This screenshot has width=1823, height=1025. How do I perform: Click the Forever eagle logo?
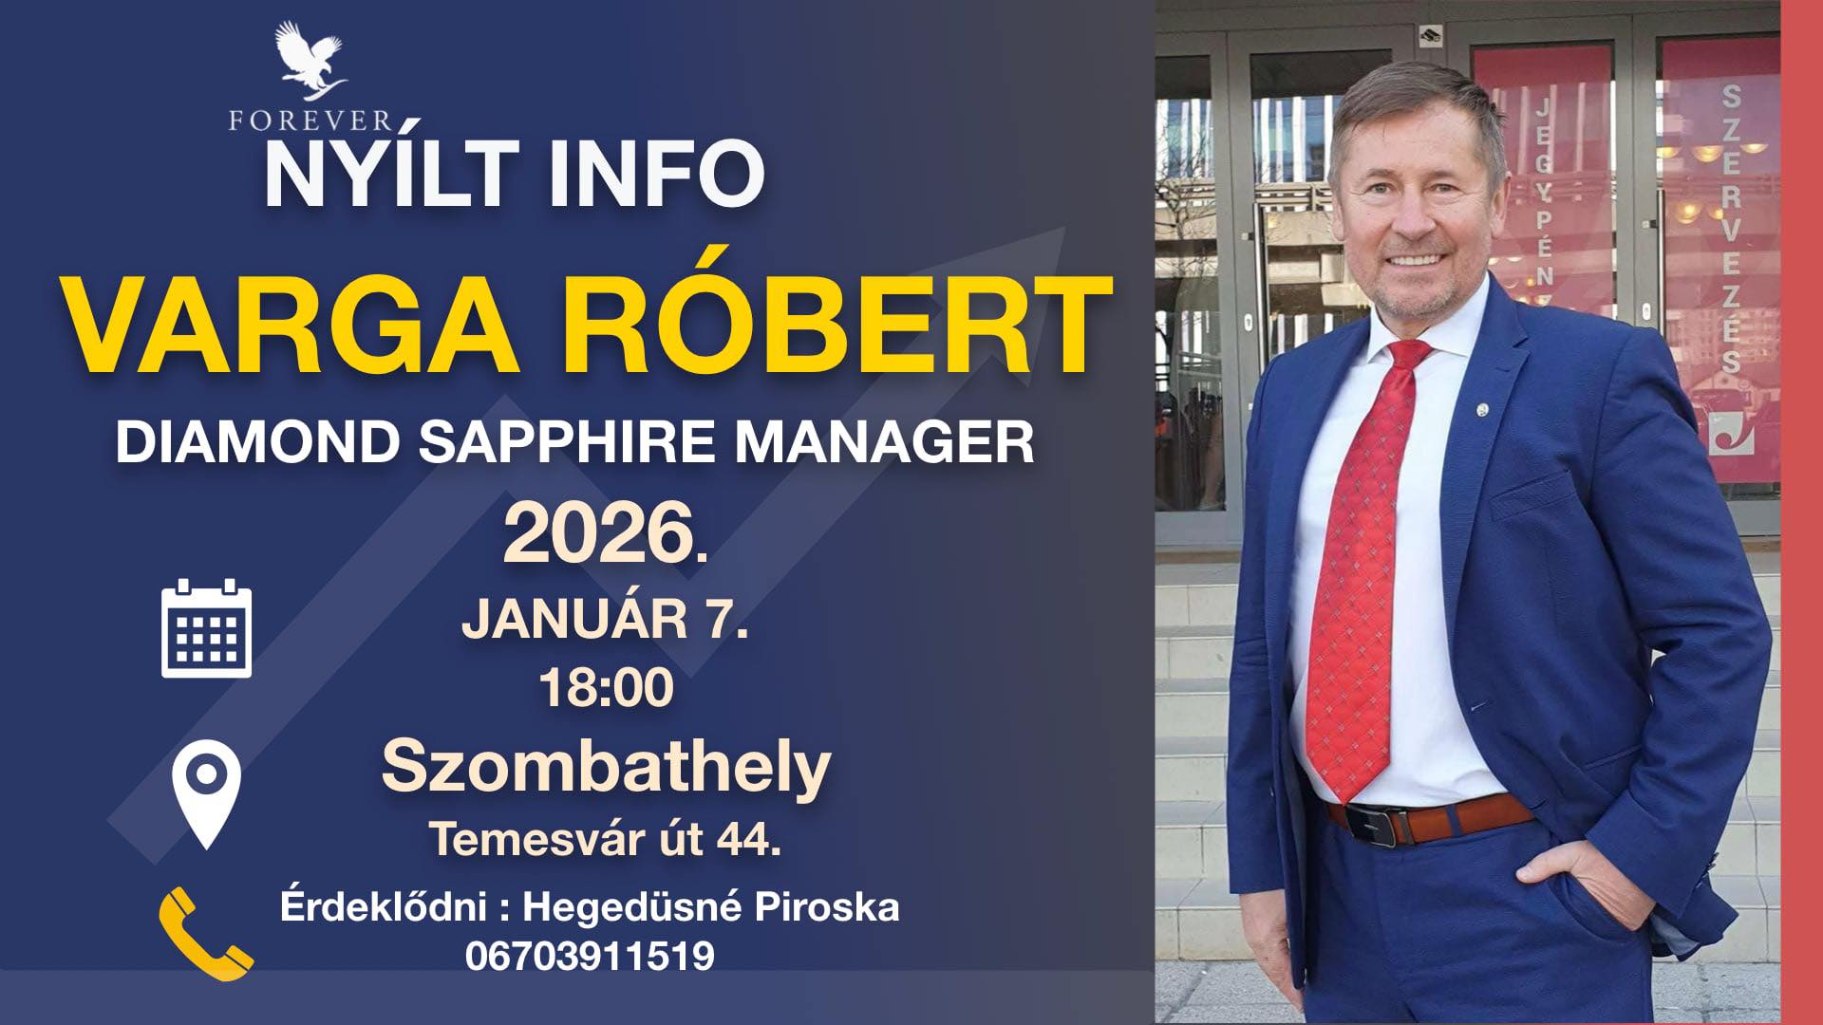[x=309, y=61]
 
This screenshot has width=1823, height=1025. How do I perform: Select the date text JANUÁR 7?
[x=605, y=621]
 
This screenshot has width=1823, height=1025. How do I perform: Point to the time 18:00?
[x=606, y=688]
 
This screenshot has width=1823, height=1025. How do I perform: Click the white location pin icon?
[x=206, y=793]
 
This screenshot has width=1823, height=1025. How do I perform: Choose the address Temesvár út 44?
[x=605, y=839]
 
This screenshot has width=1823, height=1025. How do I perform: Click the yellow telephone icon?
[x=205, y=933]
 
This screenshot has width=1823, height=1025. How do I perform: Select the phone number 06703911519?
[x=590, y=955]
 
